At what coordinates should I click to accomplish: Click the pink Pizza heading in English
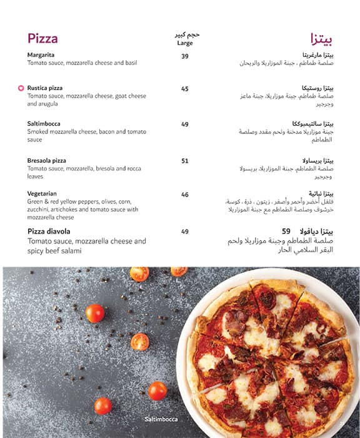(42, 39)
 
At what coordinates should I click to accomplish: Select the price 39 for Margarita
(185, 56)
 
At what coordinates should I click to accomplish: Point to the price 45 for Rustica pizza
(185, 89)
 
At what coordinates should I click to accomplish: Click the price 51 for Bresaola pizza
(185, 161)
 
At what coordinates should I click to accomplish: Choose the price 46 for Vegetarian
(185, 195)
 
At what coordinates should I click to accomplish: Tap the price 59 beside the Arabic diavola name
(287, 231)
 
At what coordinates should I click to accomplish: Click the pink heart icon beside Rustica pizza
(21, 89)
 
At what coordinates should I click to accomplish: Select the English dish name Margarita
(41, 55)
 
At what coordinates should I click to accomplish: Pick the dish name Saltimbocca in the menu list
(44, 124)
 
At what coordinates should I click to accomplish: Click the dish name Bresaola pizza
(47, 161)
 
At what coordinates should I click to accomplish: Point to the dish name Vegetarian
(42, 194)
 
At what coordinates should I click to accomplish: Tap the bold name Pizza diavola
(52, 232)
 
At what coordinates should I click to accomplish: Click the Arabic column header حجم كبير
(184, 34)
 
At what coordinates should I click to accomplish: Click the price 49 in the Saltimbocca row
(185, 124)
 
